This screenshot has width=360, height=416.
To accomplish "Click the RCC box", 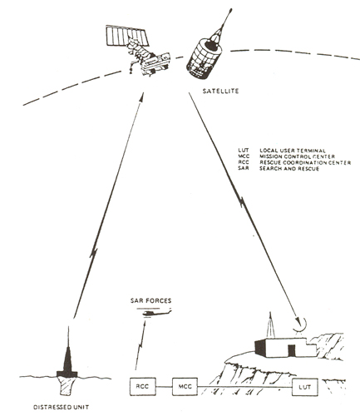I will click(x=145, y=387).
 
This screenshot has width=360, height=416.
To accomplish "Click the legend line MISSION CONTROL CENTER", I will click(x=283, y=154).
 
